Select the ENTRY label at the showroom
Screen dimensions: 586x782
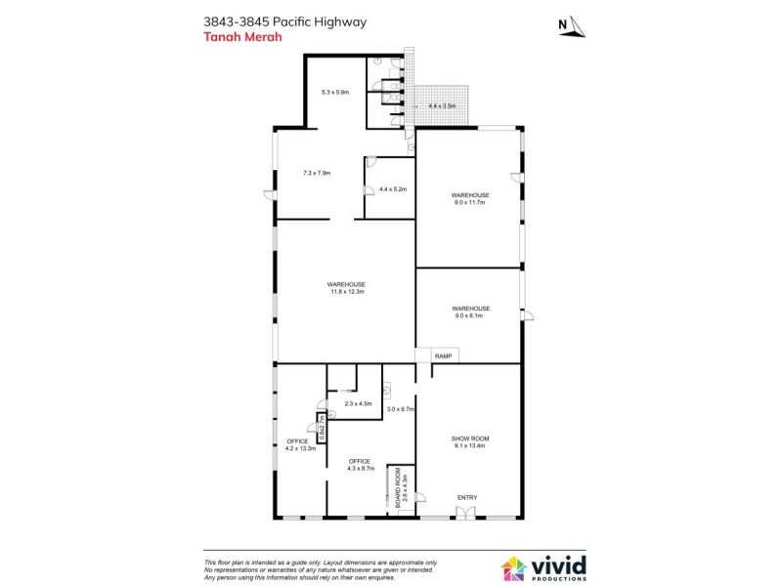pos(467,498)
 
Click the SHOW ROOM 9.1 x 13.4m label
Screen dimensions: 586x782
pos(470,442)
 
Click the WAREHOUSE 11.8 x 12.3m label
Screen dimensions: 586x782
pos(346,288)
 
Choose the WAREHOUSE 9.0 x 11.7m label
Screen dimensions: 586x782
pos(470,199)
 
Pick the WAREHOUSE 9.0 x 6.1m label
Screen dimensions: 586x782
pos(470,312)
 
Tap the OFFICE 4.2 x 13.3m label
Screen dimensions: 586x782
pos(300,445)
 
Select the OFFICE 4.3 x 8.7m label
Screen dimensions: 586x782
pos(359,466)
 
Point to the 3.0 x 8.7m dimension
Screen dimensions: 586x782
pos(401,409)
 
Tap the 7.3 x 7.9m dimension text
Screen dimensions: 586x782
pos(317,173)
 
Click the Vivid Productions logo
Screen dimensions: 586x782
pos(543,567)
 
